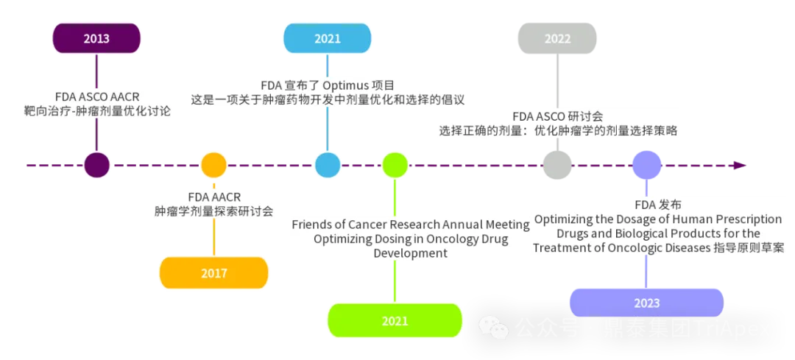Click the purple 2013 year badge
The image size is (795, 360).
96,38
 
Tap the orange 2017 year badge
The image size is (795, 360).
214,273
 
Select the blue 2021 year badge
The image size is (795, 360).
327,38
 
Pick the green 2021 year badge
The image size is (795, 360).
395,321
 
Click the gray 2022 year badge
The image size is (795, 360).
557,39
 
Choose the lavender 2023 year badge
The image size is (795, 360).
646,303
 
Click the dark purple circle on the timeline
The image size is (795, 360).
96,165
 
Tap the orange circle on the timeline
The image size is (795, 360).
214,165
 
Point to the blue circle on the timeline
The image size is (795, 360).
328,165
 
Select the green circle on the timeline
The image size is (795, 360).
395,165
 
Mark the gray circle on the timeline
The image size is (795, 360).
557,165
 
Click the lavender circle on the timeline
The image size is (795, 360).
647,163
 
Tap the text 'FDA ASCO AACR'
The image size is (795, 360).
97,96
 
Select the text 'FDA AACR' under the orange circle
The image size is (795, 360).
214,197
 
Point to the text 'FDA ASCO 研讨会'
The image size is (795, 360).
558,116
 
